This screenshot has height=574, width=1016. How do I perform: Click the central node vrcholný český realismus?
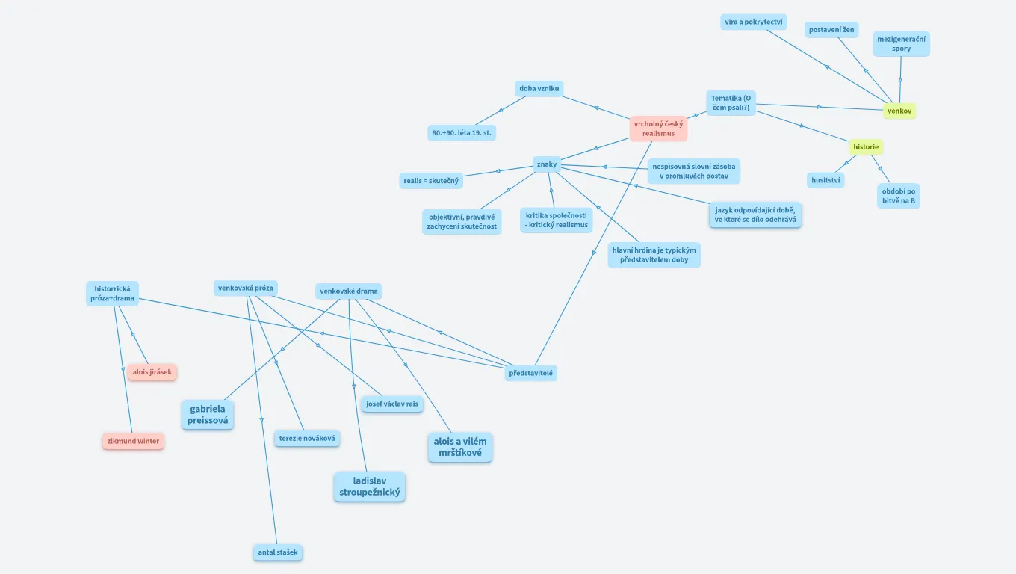pyautogui.click(x=658, y=129)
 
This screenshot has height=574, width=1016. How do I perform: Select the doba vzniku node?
pyautogui.click(x=539, y=89)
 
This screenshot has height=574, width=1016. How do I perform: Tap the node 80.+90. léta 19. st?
pyautogui.click(x=462, y=133)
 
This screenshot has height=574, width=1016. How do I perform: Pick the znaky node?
pyautogui.click(x=547, y=164)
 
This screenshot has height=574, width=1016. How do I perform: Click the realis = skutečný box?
pyautogui.click(x=432, y=181)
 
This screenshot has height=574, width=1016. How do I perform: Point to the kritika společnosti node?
pyautogui.click(x=557, y=220)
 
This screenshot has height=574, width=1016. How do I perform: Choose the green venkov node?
pyautogui.click(x=899, y=111)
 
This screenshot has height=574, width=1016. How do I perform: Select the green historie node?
pyautogui.click(x=866, y=147)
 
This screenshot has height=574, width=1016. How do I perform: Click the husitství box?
pyautogui.click(x=825, y=180)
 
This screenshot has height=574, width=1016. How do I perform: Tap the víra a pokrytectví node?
pyautogui.click(x=753, y=22)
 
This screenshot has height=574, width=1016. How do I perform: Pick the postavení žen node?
pyautogui.click(x=831, y=30)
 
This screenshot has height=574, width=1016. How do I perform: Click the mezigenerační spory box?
pyautogui.click(x=901, y=43)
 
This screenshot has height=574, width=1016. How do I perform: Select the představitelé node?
pyautogui.click(x=530, y=372)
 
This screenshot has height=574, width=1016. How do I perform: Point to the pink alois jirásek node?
pyautogui.click(x=152, y=372)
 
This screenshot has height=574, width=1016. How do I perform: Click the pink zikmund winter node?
pyautogui.click(x=133, y=442)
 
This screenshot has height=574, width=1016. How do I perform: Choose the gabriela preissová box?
pyautogui.click(x=208, y=415)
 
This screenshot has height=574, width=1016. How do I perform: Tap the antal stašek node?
pyautogui.click(x=278, y=553)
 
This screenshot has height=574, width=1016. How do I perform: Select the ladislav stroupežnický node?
pyautogui.click(x=370, y=487)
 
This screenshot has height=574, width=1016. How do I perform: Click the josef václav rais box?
pyautogui.click(x=392, y=404)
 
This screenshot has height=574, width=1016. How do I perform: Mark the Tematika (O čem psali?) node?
pyautogui.click(x=731, y=102)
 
